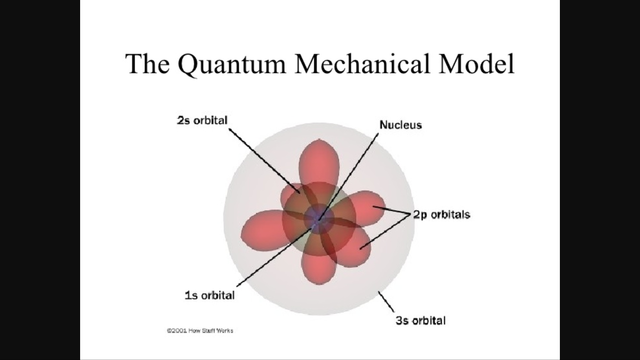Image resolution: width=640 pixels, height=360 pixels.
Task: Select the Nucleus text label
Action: [x=397, y=127]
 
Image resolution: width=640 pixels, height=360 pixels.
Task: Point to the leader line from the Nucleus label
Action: [x=355, y=170]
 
